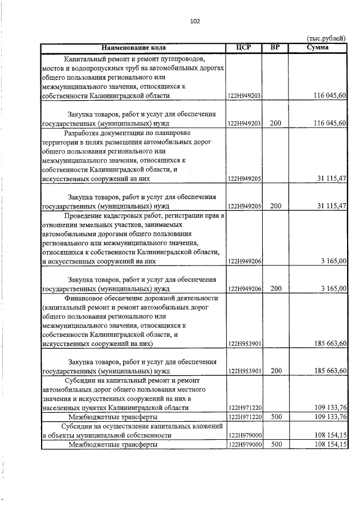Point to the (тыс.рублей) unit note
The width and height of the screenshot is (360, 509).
click(x=326, y=38)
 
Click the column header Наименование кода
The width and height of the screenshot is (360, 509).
click(x=133, y=47)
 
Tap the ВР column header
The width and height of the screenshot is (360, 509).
click(x=275, y=47)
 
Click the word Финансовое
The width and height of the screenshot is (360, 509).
click(x=88, y=298)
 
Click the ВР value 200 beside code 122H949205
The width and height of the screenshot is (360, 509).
click(x=275, y=205)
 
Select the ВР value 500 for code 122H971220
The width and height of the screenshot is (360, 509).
click(x=275, y=417)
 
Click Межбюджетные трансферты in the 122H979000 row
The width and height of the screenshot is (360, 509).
click(x=113, y=444)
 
